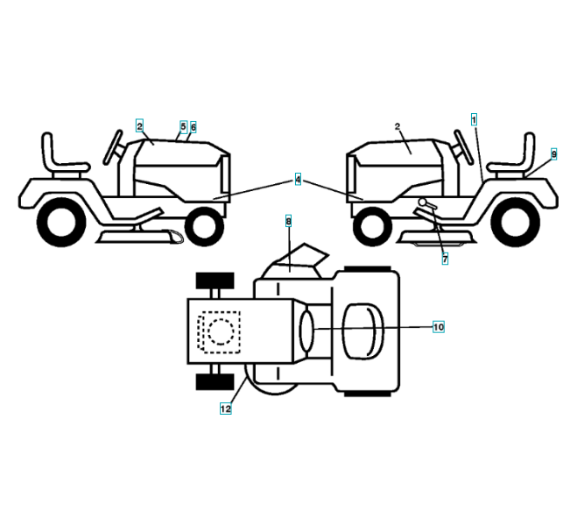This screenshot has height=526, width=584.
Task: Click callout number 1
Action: pos(474,117)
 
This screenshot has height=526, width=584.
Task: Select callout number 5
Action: pos(183,126)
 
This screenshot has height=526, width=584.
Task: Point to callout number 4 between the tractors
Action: pos(298,180)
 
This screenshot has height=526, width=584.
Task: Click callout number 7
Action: pos(444,259)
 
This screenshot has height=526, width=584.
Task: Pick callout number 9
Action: pos(553,153)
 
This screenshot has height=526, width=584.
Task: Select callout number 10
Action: pos(438,327)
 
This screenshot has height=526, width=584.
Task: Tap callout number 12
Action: pos(225,409)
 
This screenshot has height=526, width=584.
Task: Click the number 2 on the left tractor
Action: pos(139,126)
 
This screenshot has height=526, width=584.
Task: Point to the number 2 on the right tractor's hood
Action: pos(398,127)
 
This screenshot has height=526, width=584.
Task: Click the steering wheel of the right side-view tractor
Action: pos(461,146)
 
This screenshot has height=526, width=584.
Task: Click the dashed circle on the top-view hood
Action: pos(218,331)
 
